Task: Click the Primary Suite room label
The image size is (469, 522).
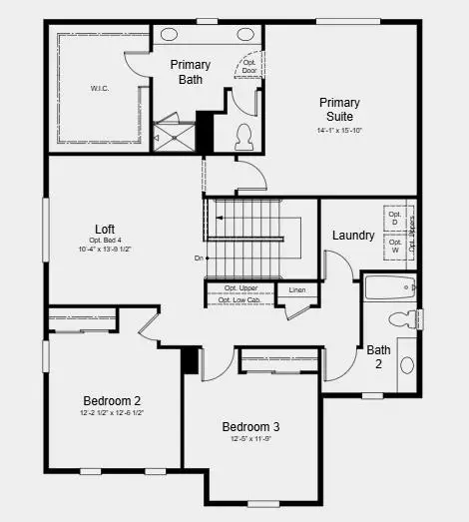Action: [x=339, y=109]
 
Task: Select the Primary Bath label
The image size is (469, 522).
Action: [x=190, y=72]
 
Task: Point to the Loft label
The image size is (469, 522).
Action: [x=105, y=229]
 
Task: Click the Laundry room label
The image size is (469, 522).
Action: [x=353, y=236]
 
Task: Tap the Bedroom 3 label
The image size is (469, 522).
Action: [x=250, y=427]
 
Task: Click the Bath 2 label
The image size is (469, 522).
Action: [x=378, y=356]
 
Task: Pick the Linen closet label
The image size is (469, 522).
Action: [x=297, y=290]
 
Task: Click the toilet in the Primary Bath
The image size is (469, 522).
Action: [x=242, y=135]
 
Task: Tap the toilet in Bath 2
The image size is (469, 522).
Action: [x=401, y=319]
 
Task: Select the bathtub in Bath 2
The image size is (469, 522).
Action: [x=389, y=287]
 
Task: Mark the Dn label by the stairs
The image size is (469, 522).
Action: [x=200, y=259]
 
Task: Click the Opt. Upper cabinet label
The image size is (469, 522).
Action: [x=240, y=288]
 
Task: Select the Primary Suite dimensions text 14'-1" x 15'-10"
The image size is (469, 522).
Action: [x=339, y=129]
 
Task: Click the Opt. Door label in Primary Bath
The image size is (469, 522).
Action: [x=249, y=67]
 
